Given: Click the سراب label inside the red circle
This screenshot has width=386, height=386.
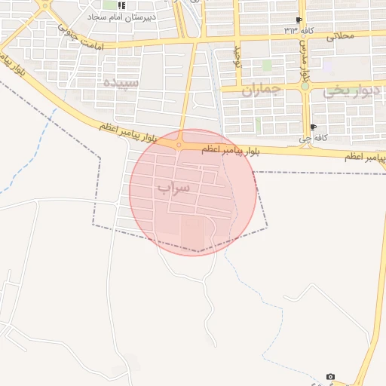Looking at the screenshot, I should point(174,187).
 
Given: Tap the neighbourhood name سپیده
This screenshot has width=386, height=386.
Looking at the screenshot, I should point(122,81).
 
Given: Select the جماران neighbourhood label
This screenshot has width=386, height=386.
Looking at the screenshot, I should point(261,90).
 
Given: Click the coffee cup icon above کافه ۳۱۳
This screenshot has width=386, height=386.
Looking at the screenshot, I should point(300,20).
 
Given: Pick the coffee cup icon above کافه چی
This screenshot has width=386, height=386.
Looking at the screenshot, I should point(313,127).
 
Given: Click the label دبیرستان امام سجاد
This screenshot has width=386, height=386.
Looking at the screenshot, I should point(123,16).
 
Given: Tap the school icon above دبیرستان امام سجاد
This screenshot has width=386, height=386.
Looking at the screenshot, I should point(122,5).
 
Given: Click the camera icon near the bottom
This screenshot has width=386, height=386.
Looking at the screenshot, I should point(330,376).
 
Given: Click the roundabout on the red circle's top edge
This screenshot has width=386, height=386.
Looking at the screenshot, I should point(179,144).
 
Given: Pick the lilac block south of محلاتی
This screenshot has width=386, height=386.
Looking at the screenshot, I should point(329,66).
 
